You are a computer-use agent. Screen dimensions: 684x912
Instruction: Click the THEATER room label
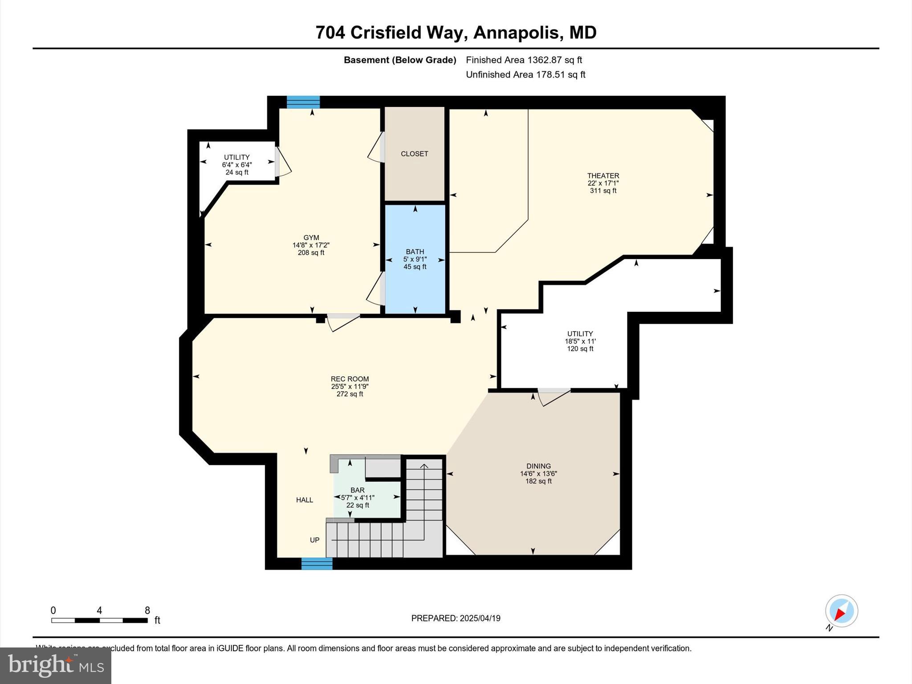(x=603, y=176)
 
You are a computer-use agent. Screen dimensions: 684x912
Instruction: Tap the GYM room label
(x=311, y=238)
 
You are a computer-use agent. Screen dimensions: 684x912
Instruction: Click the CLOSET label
(x=414, y=154)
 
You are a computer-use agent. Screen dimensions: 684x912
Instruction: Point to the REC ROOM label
(x=350, y=379)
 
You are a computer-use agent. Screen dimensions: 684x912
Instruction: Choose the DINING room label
(x=538, y=466)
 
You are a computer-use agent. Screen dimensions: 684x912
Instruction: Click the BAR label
(x=357, y=490)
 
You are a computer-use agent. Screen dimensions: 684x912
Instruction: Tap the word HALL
(x=305, y=500)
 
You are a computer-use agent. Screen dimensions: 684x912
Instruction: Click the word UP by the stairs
(x=314, y=540)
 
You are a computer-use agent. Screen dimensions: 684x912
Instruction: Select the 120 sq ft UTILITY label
(x=580, y=334)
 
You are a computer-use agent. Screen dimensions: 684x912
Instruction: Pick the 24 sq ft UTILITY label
(x=236, y=157)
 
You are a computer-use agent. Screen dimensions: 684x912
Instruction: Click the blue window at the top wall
(x=303, y=102)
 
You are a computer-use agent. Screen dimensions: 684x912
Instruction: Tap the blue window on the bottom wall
(x=317, y=564)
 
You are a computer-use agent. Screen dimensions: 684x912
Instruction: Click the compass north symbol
(x=841, y=611)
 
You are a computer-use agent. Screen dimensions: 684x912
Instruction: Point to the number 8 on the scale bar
(x=147, y=611)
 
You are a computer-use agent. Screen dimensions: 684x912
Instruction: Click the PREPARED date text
(x=456, y=618)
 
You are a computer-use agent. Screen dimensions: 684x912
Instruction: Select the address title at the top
(x=456, y=33)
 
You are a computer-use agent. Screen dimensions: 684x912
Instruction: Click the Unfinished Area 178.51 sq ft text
(x=525, y=75)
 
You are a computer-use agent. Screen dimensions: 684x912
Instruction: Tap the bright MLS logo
(x=56, y=665)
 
